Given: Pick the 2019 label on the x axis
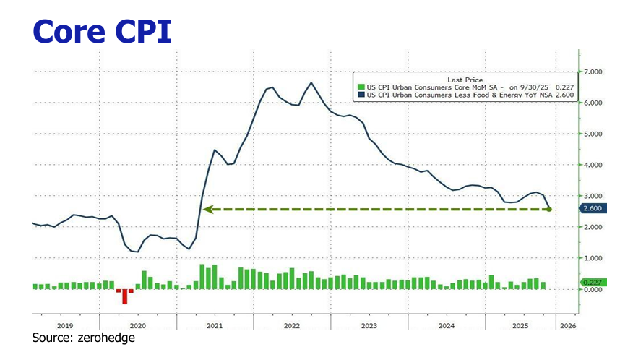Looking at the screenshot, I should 65,326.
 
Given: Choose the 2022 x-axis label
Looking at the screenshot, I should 291,326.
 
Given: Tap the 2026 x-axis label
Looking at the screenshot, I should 568,326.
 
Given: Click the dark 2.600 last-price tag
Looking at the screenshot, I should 593,209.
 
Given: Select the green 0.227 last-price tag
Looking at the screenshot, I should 593,282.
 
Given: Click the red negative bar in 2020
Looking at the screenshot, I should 124,296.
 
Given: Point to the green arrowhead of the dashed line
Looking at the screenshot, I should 207,210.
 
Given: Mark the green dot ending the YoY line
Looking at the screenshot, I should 548,210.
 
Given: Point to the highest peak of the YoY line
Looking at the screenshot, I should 311,82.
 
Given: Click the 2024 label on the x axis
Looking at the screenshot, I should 446,326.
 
